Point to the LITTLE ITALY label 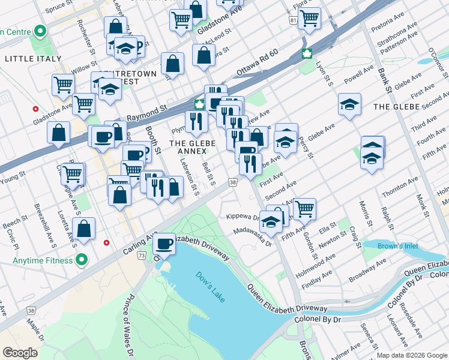[33, 59]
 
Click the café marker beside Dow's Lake [164, 244]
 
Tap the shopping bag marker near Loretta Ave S [85, 229]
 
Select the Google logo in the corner [20, 352]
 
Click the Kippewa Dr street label [242, 217]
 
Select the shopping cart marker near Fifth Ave [304, 209]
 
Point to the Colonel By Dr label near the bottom [318, 319]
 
